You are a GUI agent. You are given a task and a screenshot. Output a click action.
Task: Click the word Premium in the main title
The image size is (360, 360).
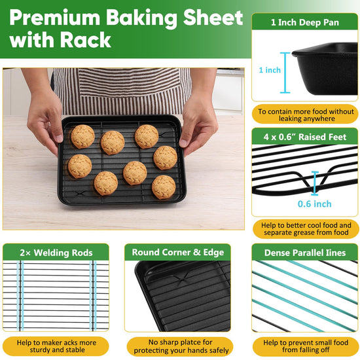(x=54, y=18)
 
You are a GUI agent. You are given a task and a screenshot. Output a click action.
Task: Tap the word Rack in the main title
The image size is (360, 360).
(x=86, y=40)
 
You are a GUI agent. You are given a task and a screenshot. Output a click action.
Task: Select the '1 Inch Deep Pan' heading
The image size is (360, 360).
(x=304, y=22)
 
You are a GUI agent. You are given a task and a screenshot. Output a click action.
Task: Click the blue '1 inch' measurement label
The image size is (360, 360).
(x=270, y=70)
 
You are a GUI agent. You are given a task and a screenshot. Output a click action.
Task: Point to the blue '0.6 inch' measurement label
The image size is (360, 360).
(x=314, y=204)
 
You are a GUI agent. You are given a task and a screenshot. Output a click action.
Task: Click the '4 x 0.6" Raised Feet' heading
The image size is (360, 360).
(x=304, y=137)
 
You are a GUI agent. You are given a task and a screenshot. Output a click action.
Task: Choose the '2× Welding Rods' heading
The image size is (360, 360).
(x=56, y=253)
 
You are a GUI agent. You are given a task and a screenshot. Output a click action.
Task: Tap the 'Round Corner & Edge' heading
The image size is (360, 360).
(x=177, y=252)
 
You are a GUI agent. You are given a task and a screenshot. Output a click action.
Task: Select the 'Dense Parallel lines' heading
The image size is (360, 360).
(x=305, y=253)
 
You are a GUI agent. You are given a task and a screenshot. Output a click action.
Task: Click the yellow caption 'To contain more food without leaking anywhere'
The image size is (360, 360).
(x=306, y=115)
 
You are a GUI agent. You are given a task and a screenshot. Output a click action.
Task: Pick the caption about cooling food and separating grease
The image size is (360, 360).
(x=306, y=229)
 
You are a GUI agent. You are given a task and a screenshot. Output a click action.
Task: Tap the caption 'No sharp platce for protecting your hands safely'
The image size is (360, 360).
(x=181, y=346)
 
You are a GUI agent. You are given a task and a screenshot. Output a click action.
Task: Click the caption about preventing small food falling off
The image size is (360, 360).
(x=306, y=346)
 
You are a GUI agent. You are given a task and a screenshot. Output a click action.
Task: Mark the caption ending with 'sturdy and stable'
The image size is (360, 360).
(x=56, y=346)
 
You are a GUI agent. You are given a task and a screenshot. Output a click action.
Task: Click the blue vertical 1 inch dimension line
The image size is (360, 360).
(x=285, y=73)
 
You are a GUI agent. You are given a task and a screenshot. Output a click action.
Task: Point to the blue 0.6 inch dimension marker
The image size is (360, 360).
(x=315, y=183)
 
